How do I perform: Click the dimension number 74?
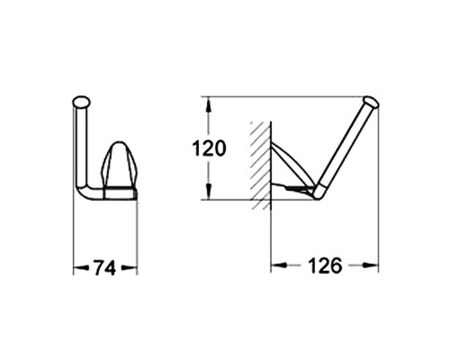(x=104, y=268)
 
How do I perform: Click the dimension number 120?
(x=209, y=148)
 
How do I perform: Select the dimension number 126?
(x=325, y=265)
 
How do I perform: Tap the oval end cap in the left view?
(x=81, y=102)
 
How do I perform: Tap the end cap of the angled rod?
(x=372, y=101)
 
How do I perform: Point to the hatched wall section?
(x=261, y=165)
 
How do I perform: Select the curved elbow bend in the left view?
(x=83, y=193)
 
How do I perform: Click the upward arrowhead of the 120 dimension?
(x=209, y=105)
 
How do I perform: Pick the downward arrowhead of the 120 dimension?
(x=209, y=191)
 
